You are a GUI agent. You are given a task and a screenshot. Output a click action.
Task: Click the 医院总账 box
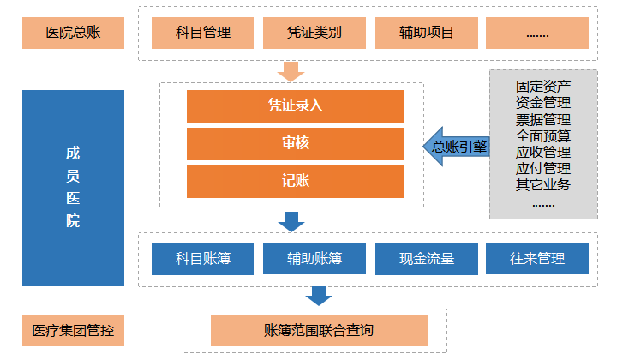click(x=73, y=33)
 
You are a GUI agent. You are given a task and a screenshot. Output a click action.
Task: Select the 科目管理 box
click(x=203, y=33)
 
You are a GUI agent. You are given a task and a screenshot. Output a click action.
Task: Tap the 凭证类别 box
click(x=314, y=33)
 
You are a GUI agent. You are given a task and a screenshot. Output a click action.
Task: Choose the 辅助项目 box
click(x=426, y=33)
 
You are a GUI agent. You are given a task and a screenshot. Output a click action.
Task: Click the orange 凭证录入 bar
click(x=294, y=105)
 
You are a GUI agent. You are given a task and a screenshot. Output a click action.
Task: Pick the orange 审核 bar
click(x=294, y=143)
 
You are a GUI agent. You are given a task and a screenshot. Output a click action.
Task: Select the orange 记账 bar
click(x=294, y=181)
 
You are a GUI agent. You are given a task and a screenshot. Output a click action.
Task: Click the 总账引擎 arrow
click(x=456, y=147)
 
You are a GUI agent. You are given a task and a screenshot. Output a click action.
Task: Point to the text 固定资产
click(x=543, y=87)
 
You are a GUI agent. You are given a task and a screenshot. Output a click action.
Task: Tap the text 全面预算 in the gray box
click(x=543, y=135)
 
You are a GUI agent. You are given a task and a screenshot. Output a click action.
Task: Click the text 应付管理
click(x=543, y=168)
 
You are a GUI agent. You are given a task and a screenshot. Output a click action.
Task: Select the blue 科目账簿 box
click(x=203, y=258)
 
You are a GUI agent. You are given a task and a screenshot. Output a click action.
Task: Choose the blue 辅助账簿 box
click(x=314, y=258)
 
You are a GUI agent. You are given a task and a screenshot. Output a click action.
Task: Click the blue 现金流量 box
click(x=426, y=258)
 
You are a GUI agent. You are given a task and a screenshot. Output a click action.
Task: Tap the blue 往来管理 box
click(x=537, y=258)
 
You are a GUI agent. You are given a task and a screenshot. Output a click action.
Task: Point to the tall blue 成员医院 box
click(x=73, y=188)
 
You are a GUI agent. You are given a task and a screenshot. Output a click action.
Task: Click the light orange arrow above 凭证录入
click(x=292, y=70)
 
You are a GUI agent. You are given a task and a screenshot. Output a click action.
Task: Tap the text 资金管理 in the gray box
click(x=543, y=103)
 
